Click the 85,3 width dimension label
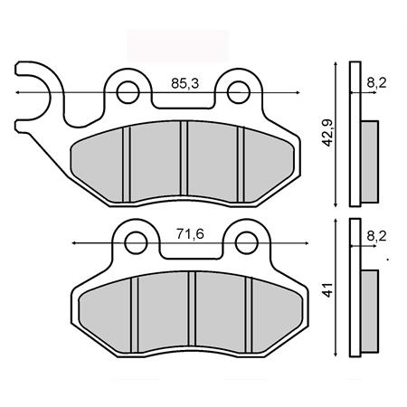[x=185, y=83]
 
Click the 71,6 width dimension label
[x=190, y=234]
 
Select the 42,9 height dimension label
[x=327, y=133]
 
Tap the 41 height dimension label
[x=328, y=290]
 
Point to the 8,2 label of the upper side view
[x=376, y=83]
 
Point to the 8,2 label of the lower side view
[x=376, y=236]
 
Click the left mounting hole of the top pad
[x=128, y=92]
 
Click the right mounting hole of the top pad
[x=239, y=92]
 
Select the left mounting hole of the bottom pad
[x=136, y=243]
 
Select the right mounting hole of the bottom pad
[x=247, y=243]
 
